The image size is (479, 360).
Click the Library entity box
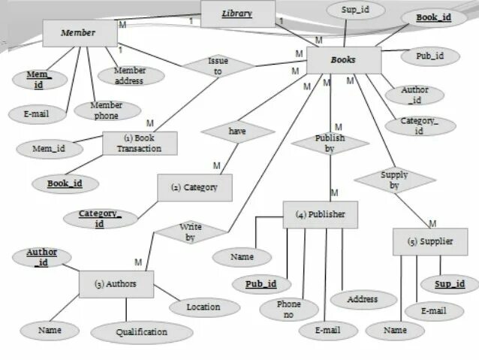tap(237, 14)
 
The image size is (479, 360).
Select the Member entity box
tap(79, 33)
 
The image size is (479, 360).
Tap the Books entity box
tap(343, 60)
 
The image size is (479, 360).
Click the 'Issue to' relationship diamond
tap(218, 66)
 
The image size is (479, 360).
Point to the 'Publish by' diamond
tap(330, 143)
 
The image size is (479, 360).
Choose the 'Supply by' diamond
tap(394, 180)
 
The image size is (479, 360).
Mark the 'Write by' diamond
tap(190, 231)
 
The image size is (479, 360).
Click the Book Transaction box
tap(139, 143)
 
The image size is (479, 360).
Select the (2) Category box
tap(194, 187)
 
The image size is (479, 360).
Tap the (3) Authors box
tap(116, 284)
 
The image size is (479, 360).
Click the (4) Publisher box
tap(320, 214)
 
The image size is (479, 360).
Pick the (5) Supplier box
tap(430, 241)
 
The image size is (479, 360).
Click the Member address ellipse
tap(130, 75)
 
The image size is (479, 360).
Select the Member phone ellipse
tap(107, 110)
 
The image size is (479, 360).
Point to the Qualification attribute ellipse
tap(141, 331)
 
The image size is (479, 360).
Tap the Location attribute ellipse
tap(203, 307)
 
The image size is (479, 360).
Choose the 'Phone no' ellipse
tap(288, 309)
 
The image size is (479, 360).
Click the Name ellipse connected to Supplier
tap(395, 330)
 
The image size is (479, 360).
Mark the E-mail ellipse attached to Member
tap(30, 114)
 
